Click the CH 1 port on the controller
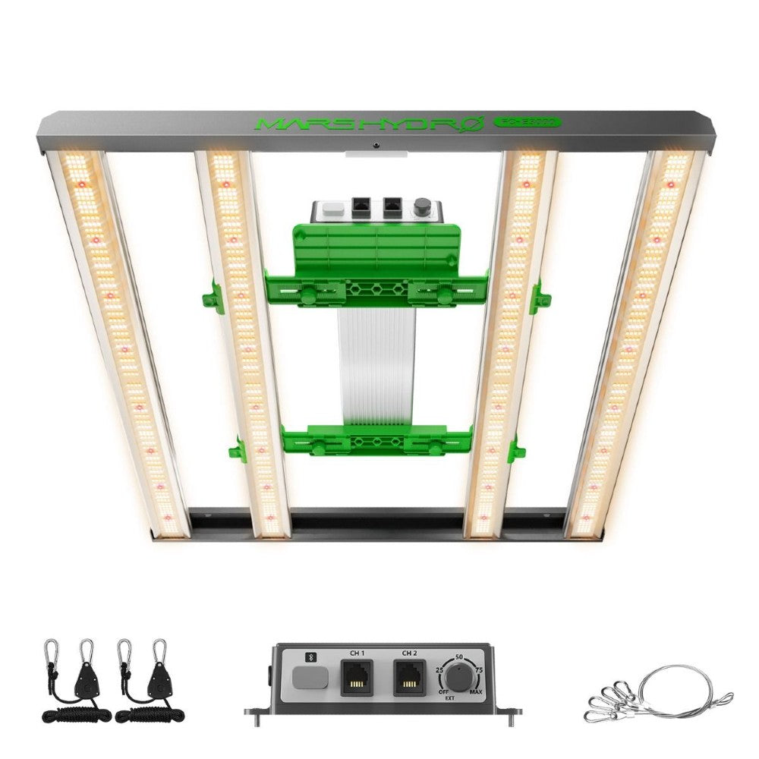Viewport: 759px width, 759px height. coord(357,678)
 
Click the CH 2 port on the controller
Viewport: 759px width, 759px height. coord(410,678)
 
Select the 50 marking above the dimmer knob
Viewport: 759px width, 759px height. coord(459,655)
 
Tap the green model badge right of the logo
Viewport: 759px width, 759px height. coord(526,121)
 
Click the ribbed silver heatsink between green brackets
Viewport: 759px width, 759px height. coord(377,364)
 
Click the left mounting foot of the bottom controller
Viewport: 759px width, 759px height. coord(254,711)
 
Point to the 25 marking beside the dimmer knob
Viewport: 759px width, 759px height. coord(439,669)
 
